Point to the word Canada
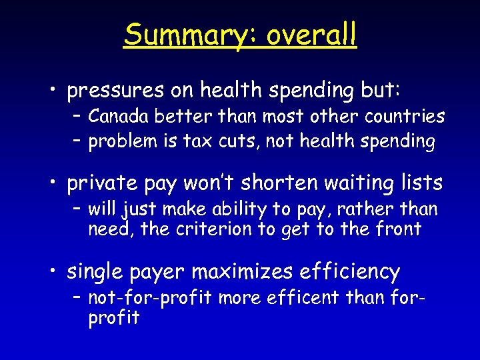[x=119, y=117]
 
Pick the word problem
[x=123, y=141]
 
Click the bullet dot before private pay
[x=55, y=183]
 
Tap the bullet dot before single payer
[x=55, y=272]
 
